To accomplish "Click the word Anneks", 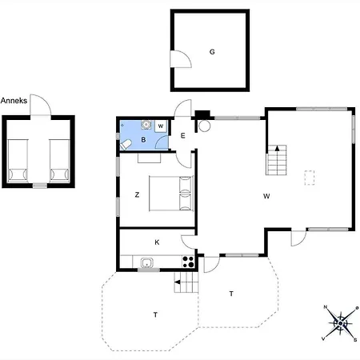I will click(15, 100).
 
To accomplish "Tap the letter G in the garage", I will click(212, 52).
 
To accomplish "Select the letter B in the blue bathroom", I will click(143, 140).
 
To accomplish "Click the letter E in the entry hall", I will click(182, 135).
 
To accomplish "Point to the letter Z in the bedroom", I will click(138, 194).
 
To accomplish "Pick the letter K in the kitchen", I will click(157, 242).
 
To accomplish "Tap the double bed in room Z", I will click(171, 193).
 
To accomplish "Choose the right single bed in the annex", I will click(58, 158).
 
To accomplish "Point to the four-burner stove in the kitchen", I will click(189, 261).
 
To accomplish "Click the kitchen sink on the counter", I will click(147, 262).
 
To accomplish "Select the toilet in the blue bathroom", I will click(126, 143).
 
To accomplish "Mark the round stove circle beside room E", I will click(203, 126).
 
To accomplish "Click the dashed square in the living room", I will click(310, 177).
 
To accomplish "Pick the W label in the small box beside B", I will click(161, 126).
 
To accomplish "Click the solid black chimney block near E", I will click(202, 114).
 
